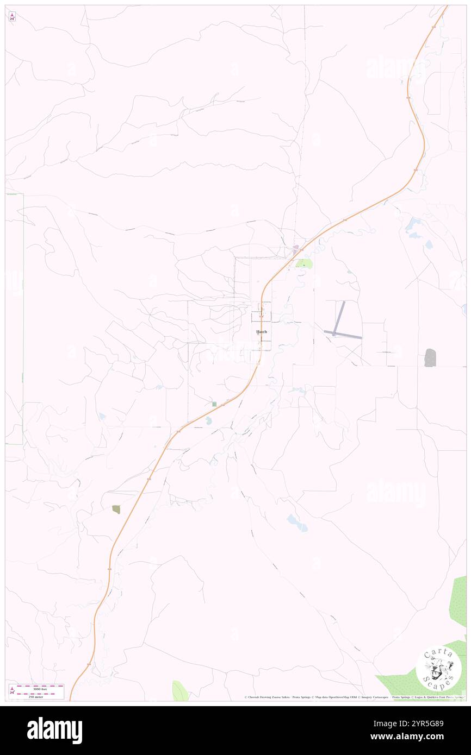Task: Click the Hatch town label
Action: tap(262, 331)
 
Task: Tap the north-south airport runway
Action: tap(339, 317)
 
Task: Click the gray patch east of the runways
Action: tap(430, 357)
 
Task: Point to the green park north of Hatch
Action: tap(303, 264)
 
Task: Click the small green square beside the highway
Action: tap(214, 404)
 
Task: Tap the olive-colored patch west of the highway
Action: tap(116, 509)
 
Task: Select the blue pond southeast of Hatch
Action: tap(297, 523)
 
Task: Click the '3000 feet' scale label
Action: tap(40, 689)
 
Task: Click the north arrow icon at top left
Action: tap(12, 17)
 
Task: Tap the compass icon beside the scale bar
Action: tap(11, 690)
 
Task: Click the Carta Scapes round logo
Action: tap(438, 668)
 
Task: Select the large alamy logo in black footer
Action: tap(54, 731)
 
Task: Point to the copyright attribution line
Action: tap(354, 697)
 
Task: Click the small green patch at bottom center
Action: tap(179, 691)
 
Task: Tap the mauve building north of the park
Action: tap(296, 250)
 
